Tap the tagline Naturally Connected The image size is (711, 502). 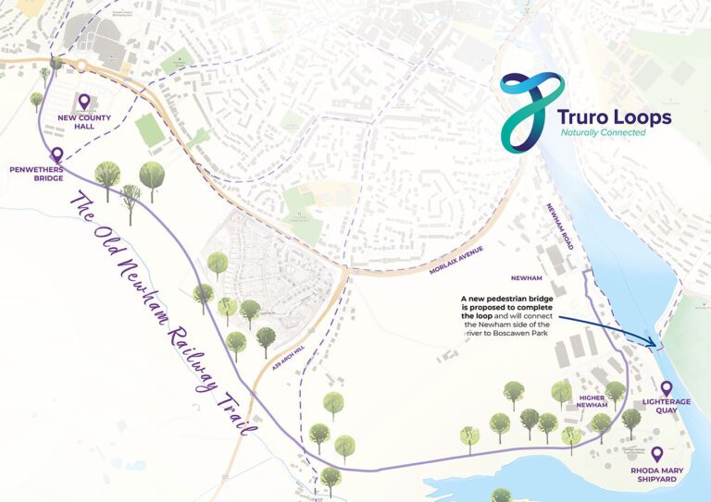point(603,132)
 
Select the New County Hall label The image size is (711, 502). point(84,123)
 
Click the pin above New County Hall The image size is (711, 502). point(84,101)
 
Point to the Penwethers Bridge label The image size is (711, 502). point(36,176)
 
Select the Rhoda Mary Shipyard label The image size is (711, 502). point(656,475)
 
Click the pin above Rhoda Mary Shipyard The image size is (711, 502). point(656,453)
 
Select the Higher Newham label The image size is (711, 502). point(592,398)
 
